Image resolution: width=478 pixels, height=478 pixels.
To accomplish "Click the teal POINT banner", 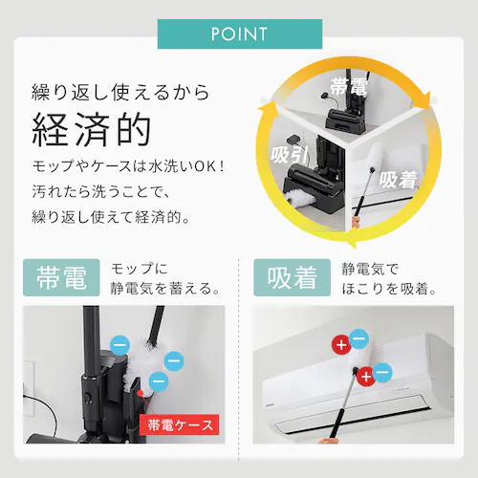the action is click(240, 33).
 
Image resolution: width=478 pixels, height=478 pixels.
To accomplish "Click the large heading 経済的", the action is click(92, 130).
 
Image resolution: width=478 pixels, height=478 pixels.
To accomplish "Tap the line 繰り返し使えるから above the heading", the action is click(120, 93).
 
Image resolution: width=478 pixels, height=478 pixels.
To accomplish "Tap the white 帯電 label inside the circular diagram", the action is click(349, 86).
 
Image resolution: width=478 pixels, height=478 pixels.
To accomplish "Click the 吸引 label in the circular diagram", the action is click(290, 156).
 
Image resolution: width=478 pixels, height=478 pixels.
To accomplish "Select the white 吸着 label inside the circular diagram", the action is click(399, 179).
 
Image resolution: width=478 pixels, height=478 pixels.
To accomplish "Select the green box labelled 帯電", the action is click(61, 277).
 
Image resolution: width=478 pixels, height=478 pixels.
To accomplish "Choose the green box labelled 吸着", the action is click(293, 277).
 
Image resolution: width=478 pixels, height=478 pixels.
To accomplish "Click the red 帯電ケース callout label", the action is click(180, 424).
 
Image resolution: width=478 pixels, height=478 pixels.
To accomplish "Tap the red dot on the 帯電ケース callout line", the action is click(140, 393).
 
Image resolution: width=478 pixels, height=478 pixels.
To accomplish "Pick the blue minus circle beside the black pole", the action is click(119, 345).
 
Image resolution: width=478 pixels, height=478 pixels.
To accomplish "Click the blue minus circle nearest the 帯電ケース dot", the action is click(159, 381).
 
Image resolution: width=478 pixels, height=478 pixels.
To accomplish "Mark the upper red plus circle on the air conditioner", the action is click(341, 344).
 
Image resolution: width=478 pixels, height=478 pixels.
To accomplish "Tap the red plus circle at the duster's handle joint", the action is click(366, 377).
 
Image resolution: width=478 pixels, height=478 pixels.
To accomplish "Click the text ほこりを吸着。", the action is click(389, 289).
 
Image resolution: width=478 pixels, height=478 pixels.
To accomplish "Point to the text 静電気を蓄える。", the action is click(165, 289).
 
